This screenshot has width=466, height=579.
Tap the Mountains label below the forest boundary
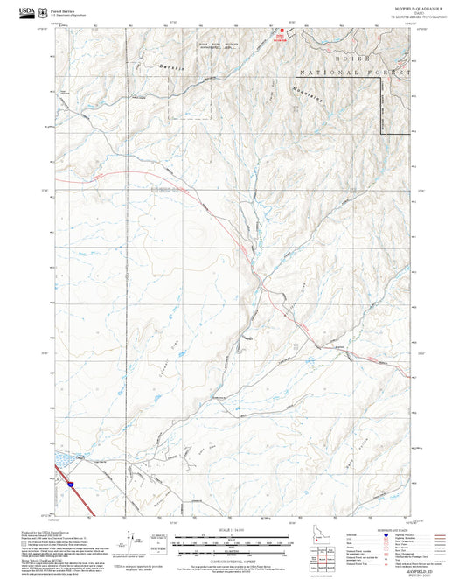(x=330, y=94)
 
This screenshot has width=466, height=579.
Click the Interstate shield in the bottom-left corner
(x=66, y=481)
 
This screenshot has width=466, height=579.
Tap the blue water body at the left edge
(x=63, y=457)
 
